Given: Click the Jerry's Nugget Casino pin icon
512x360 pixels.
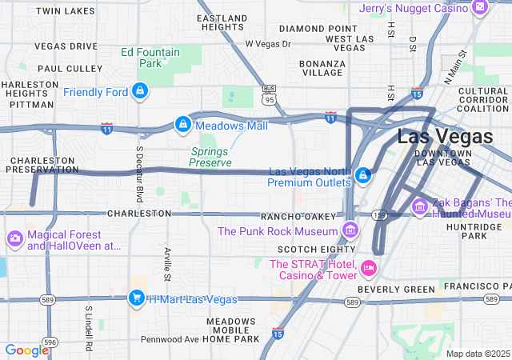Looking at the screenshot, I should (480, 7).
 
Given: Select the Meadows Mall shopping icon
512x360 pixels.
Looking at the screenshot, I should (182, 125).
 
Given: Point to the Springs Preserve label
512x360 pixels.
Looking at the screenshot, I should (210, 156).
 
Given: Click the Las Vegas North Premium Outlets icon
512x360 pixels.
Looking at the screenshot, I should (362, 174).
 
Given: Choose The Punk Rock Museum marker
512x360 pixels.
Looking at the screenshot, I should (350, 231).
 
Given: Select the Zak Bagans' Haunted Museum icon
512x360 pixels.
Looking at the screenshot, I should (419, 208).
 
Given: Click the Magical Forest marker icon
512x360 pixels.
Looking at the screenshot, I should (15, 239).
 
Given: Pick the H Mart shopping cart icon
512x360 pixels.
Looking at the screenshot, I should (137, 299).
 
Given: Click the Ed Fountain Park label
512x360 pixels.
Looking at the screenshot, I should (150, 58).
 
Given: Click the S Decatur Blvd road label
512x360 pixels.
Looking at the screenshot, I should (138, 173).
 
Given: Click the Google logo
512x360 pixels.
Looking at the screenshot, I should (26, 350).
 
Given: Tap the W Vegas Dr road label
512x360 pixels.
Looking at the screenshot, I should (268, 44).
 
